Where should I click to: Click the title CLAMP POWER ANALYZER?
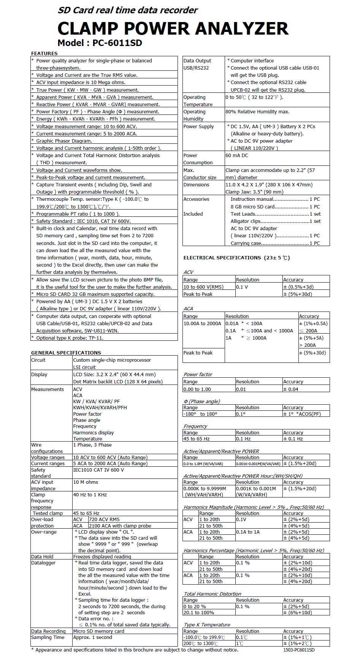[173, 29]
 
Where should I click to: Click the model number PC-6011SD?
[117, 43]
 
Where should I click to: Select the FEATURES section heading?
[44, 53]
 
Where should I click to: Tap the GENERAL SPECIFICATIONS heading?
[66, 353]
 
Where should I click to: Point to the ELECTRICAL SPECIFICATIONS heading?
[236, 258]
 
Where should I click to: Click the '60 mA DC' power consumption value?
[237, 155]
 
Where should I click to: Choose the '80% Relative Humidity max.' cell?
[257, 112]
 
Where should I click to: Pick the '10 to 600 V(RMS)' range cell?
[203, 287]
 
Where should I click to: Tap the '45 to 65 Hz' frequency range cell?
[197, 439]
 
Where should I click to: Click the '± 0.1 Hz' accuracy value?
[293, 439]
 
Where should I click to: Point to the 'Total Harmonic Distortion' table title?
[213, 594]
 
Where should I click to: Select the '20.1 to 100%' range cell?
[199, 613]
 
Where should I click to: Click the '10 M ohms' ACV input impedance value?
[86, 482]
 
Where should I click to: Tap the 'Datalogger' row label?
[43, 563]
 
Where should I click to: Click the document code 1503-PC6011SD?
[299, 650]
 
